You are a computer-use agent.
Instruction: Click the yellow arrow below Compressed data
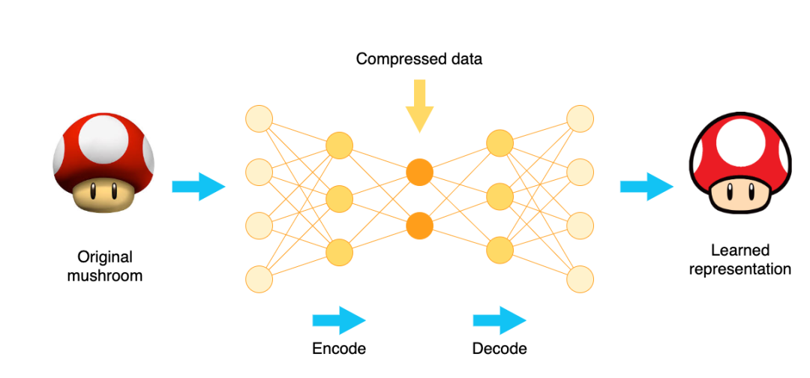coord(419,105)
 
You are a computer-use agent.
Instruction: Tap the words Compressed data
coord(419,58)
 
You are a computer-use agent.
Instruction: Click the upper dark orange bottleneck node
coord(420,172)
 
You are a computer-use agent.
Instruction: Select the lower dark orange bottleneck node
coord(420,225)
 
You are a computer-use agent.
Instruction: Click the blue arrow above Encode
coord(338,320)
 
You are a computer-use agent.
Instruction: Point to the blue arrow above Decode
coord(499,320)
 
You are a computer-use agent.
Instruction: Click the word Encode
coord(339,348)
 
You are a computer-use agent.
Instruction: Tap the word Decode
coord(499,348)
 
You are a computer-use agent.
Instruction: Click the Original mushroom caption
coord(105,265)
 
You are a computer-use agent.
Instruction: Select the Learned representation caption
coord(740,259)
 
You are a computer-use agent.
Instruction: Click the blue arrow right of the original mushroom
coord(198,186)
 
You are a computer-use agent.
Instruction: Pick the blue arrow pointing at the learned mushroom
coord(646,186)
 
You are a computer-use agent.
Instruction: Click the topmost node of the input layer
coord(259,118)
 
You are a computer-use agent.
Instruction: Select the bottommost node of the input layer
coord(259,279)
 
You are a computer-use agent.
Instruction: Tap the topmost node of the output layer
coord(580,118)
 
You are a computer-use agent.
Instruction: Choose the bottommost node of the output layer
coord(580,279)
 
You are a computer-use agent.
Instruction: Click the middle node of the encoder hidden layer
coord(339,199)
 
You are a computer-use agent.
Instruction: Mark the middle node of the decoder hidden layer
coord(499,199)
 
